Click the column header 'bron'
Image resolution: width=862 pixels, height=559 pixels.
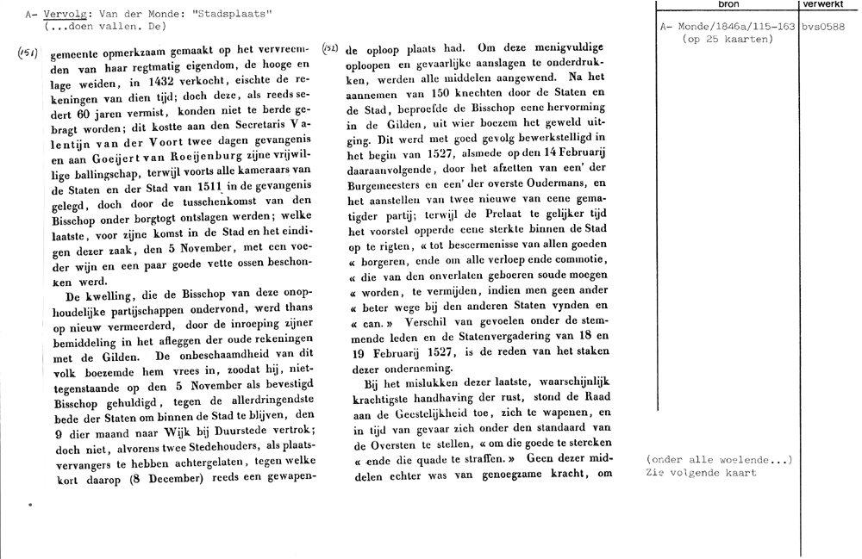728,5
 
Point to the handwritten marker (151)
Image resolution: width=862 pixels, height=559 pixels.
26,53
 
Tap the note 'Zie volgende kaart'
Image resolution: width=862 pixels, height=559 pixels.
701,472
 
